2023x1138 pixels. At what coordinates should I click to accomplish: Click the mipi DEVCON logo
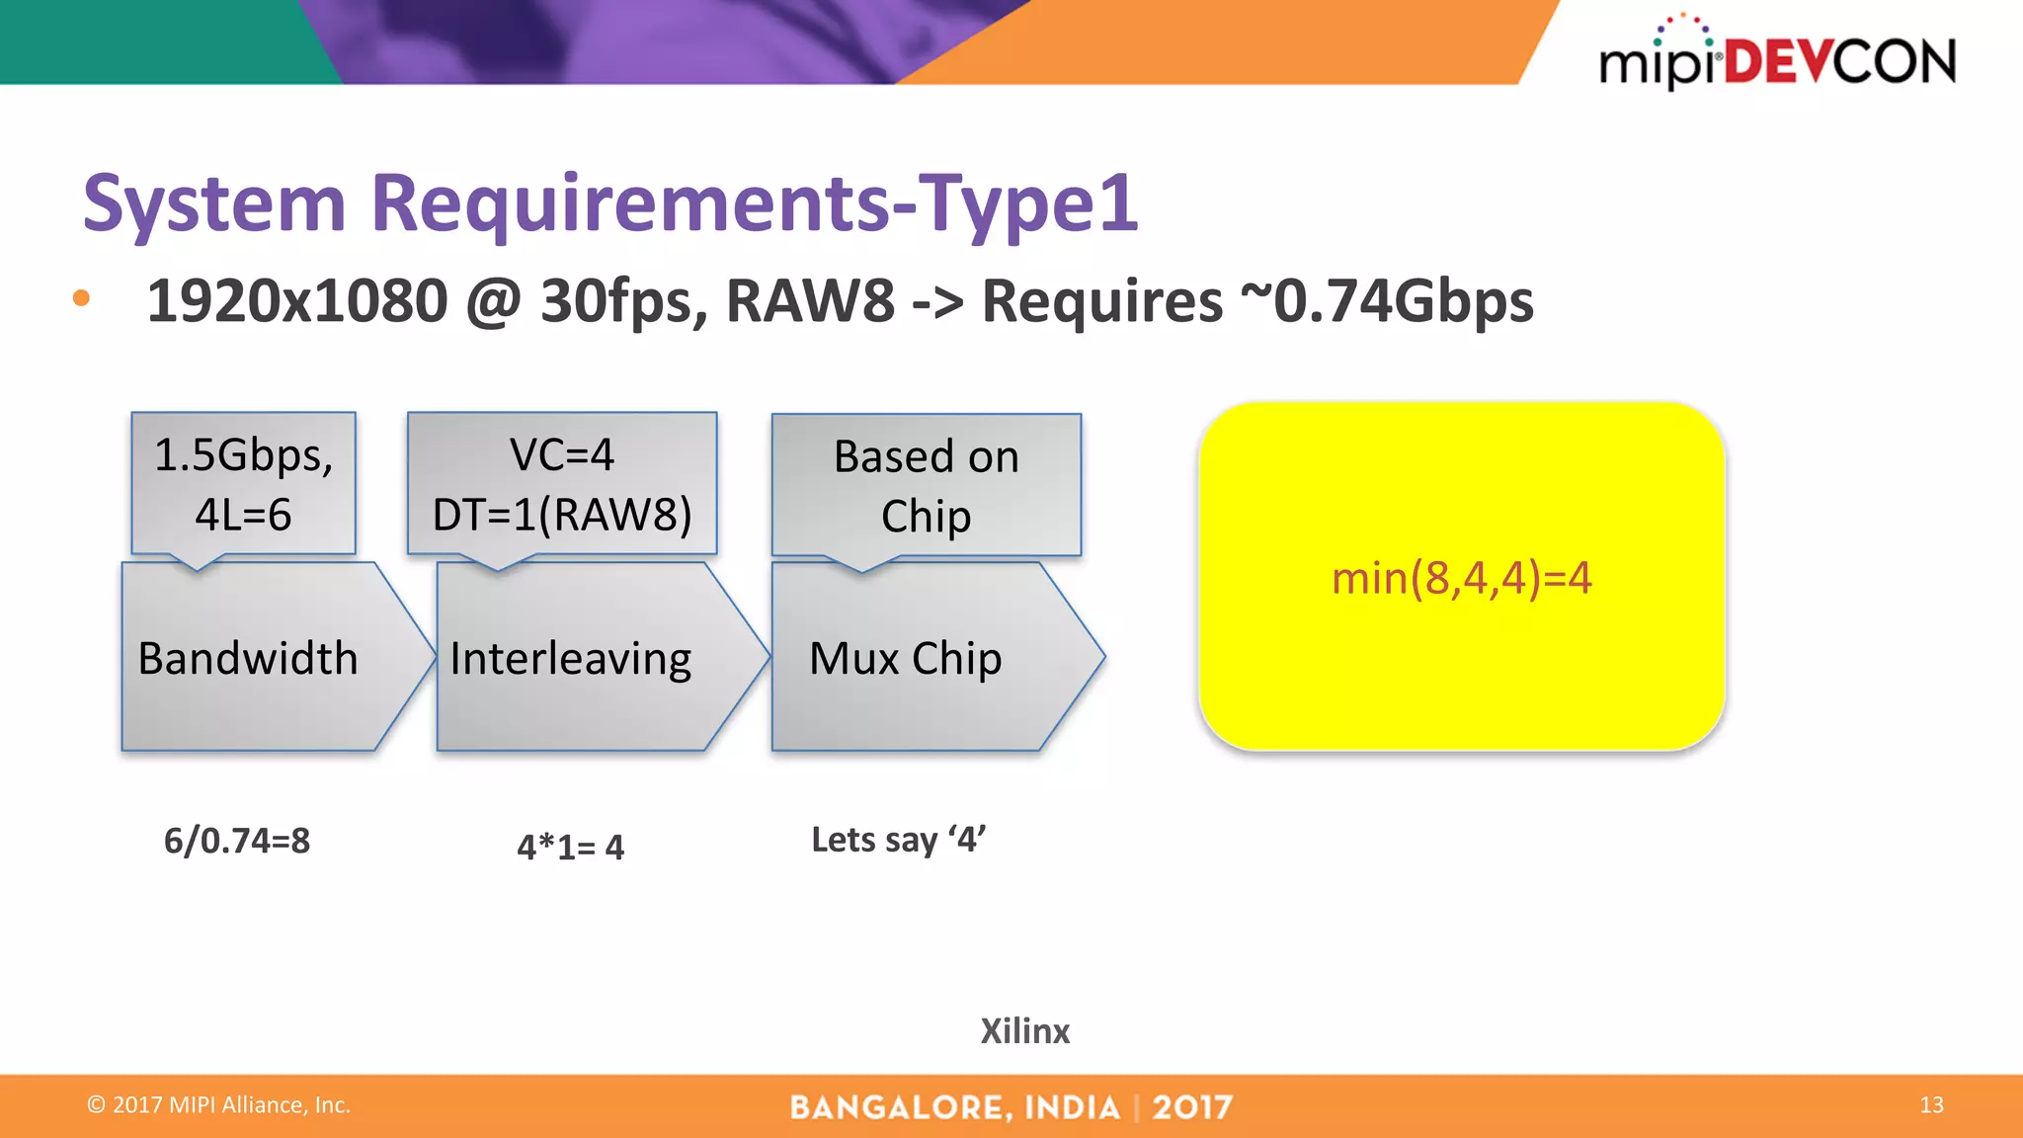pyautogui.click(x=1777, y=57)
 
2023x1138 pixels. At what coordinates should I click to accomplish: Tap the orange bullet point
pyautogui.click(x=81, y=298)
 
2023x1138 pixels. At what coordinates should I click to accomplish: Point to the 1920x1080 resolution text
pyautogui.click(x=296, y=301)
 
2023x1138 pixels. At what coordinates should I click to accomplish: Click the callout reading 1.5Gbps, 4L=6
pyautogui.click(x=243, y=484)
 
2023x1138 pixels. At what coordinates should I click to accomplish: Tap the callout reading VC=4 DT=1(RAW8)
pyautogui.click(x=562, y=484)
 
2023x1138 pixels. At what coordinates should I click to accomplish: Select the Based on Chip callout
pyautogui.click(x=926, y=485)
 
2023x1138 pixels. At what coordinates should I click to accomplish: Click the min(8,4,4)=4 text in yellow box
pyautogui.click(x=1461, y=578)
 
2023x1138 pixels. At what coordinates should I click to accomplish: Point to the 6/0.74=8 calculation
pyautogui.click(x=237, y=841)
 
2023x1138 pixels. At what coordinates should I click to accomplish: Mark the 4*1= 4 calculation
pyautogui.click(x=570, y=847)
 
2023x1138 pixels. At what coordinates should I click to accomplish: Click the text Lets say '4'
pyautogui.click(x=898, y=840)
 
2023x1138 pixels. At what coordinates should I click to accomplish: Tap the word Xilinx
pyautogui.click(x=1024, y=1031)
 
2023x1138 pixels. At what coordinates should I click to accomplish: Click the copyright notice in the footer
pyautogui.click(x=218, y=1104)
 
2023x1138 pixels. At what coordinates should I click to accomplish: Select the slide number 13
pyautogui.click(x=1931, y=1104)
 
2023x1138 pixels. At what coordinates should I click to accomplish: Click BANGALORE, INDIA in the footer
pyautogui.click(x=954, y=1107)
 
